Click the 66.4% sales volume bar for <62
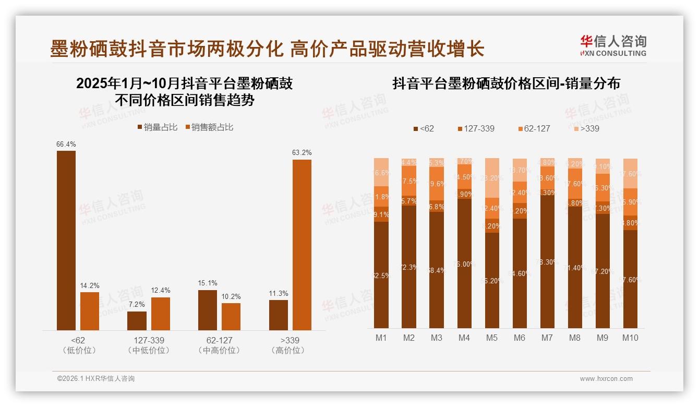66,240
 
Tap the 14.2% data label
90,285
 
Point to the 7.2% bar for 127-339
137,320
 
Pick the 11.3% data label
279,293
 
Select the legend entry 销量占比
157,127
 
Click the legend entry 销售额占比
209,127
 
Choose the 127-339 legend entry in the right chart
475,128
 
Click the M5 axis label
491,338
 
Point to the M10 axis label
630,338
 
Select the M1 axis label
381,338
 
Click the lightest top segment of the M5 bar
491,177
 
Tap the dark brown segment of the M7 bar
547,261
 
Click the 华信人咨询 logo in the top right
613,45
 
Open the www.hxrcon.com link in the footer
606,379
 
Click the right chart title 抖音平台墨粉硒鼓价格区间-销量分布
506,83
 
